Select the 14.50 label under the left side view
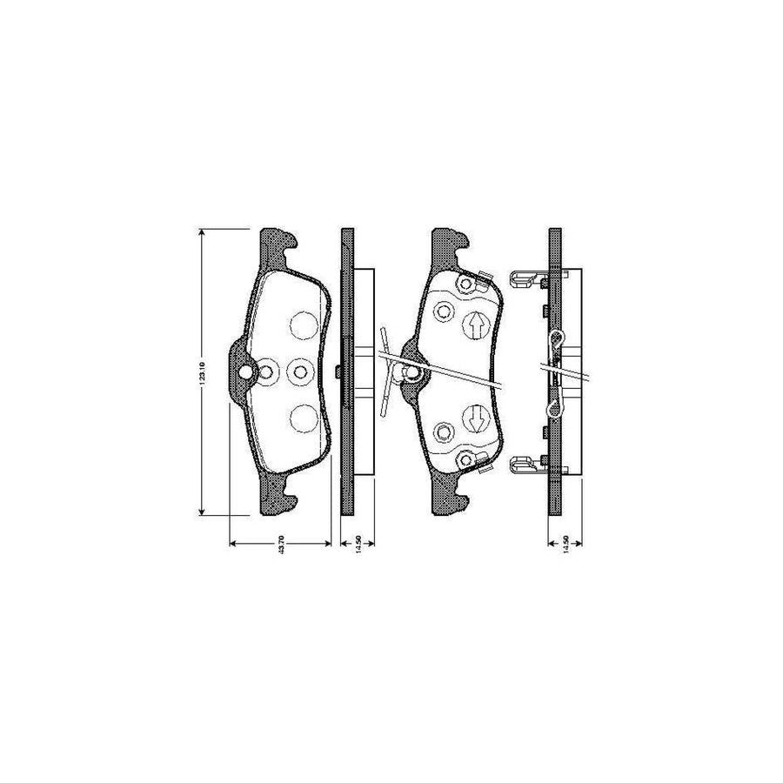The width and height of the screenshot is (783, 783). coord(358,544)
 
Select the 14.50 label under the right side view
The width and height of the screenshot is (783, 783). coord(565,544)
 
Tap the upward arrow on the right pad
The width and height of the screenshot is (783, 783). coord(475,324)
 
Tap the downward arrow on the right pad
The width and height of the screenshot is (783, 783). coord(475,419)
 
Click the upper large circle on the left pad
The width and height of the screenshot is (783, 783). coord(302,325)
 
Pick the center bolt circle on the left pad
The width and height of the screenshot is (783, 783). coord(300,372)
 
